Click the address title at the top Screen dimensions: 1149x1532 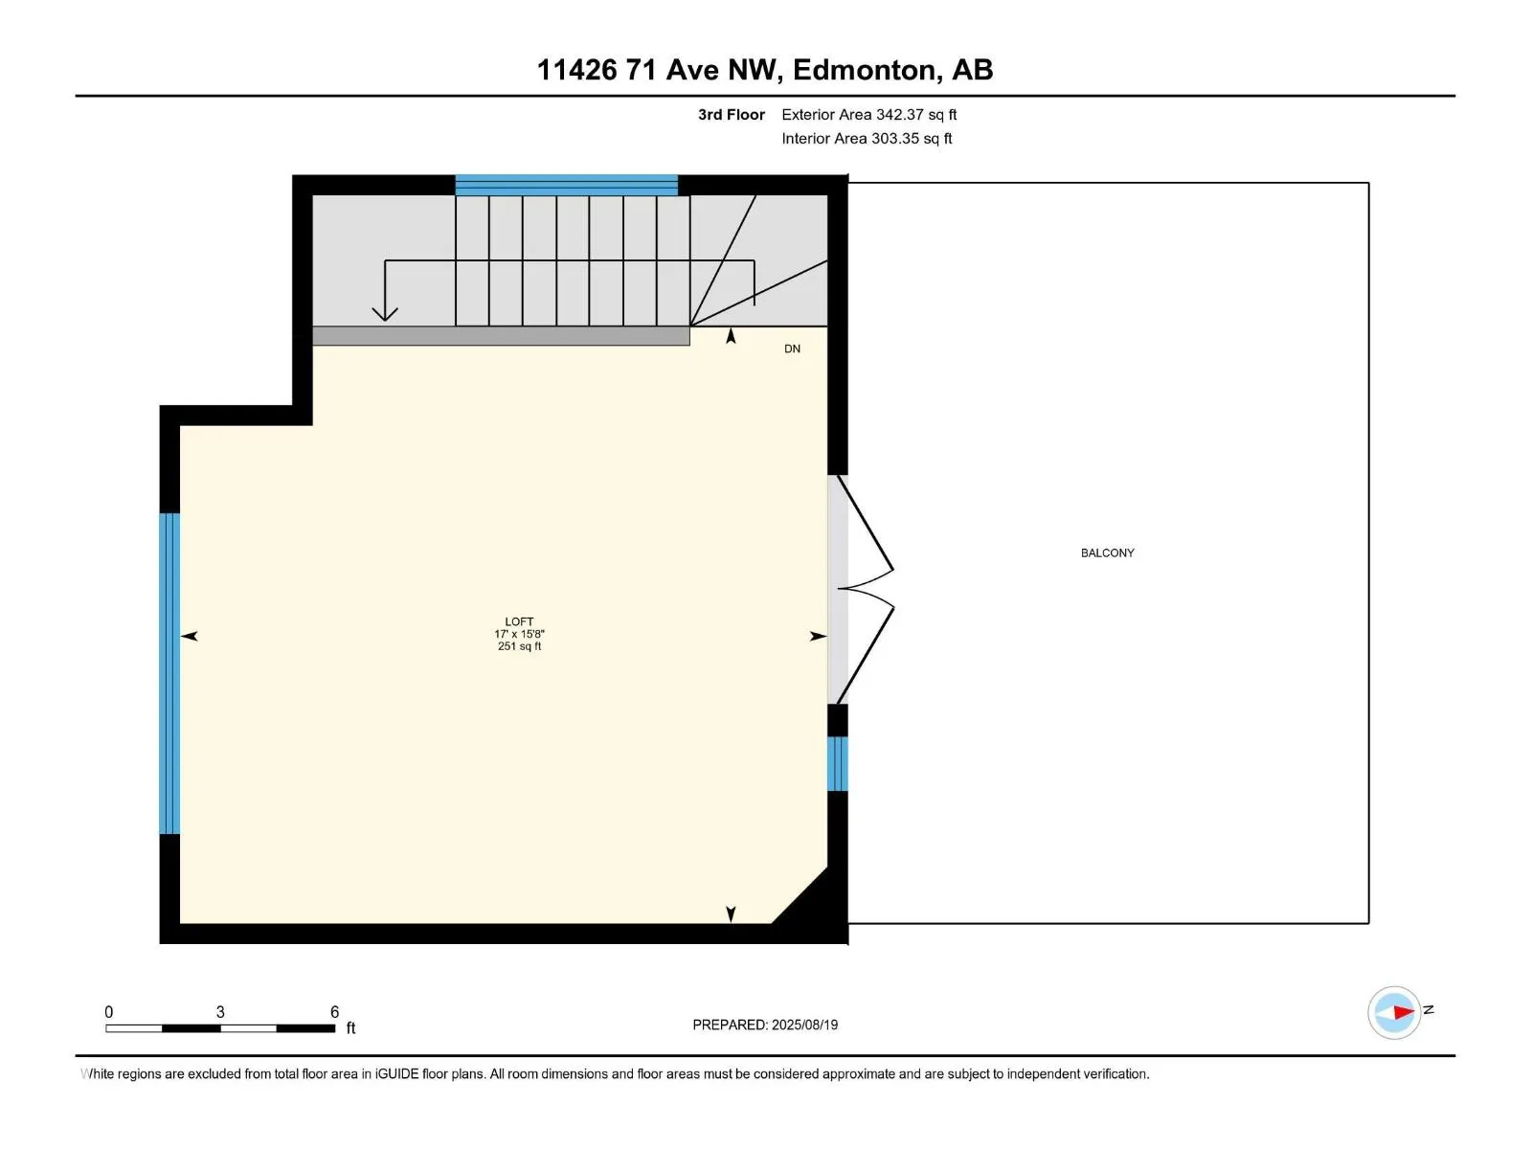click(x=764, y=70)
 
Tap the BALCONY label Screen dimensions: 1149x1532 click(x=1107, y=552)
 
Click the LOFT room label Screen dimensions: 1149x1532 click(x=519, y=621)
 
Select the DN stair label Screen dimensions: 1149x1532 click(x=792, y=349)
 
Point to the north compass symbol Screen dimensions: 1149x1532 click(x=1394, y=1012)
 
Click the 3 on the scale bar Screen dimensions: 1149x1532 click(x=220, y=1012)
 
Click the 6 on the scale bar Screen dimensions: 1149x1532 click(x=334, y=1012)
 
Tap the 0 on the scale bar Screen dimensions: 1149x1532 click(x=108, y=1012)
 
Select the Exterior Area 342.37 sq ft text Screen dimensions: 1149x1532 click(x=868, y=115)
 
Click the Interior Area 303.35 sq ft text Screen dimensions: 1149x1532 click(x=867, y=139)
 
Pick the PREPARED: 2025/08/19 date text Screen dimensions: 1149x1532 click(x=765, y=1025)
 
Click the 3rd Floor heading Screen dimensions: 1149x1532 click(x=731, y=115)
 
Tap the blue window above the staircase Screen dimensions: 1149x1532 click(x=566, y=185)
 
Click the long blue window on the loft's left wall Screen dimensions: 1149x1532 click(x=169, y=673)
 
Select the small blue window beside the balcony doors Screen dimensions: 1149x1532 click(x=837, y=763)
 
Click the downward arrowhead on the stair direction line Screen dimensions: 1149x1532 click(x=385, y=313)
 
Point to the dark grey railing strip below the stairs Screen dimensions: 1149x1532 click(x=501, y=335)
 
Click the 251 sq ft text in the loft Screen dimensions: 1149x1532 click(x=519, y=646)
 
